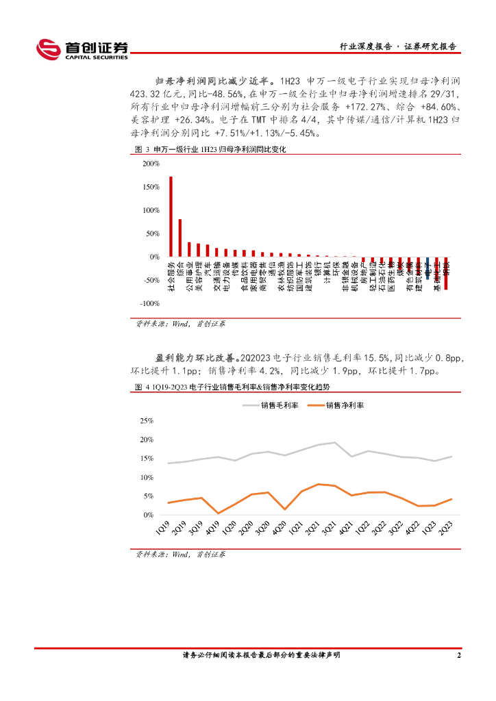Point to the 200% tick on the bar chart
tap(151, 164)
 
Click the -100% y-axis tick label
tap(150, 303)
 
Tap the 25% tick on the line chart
tap(147, 420)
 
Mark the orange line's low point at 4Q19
tap(219, 513)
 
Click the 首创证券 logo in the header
tap(82, 49)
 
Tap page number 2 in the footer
tap(458, 655)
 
